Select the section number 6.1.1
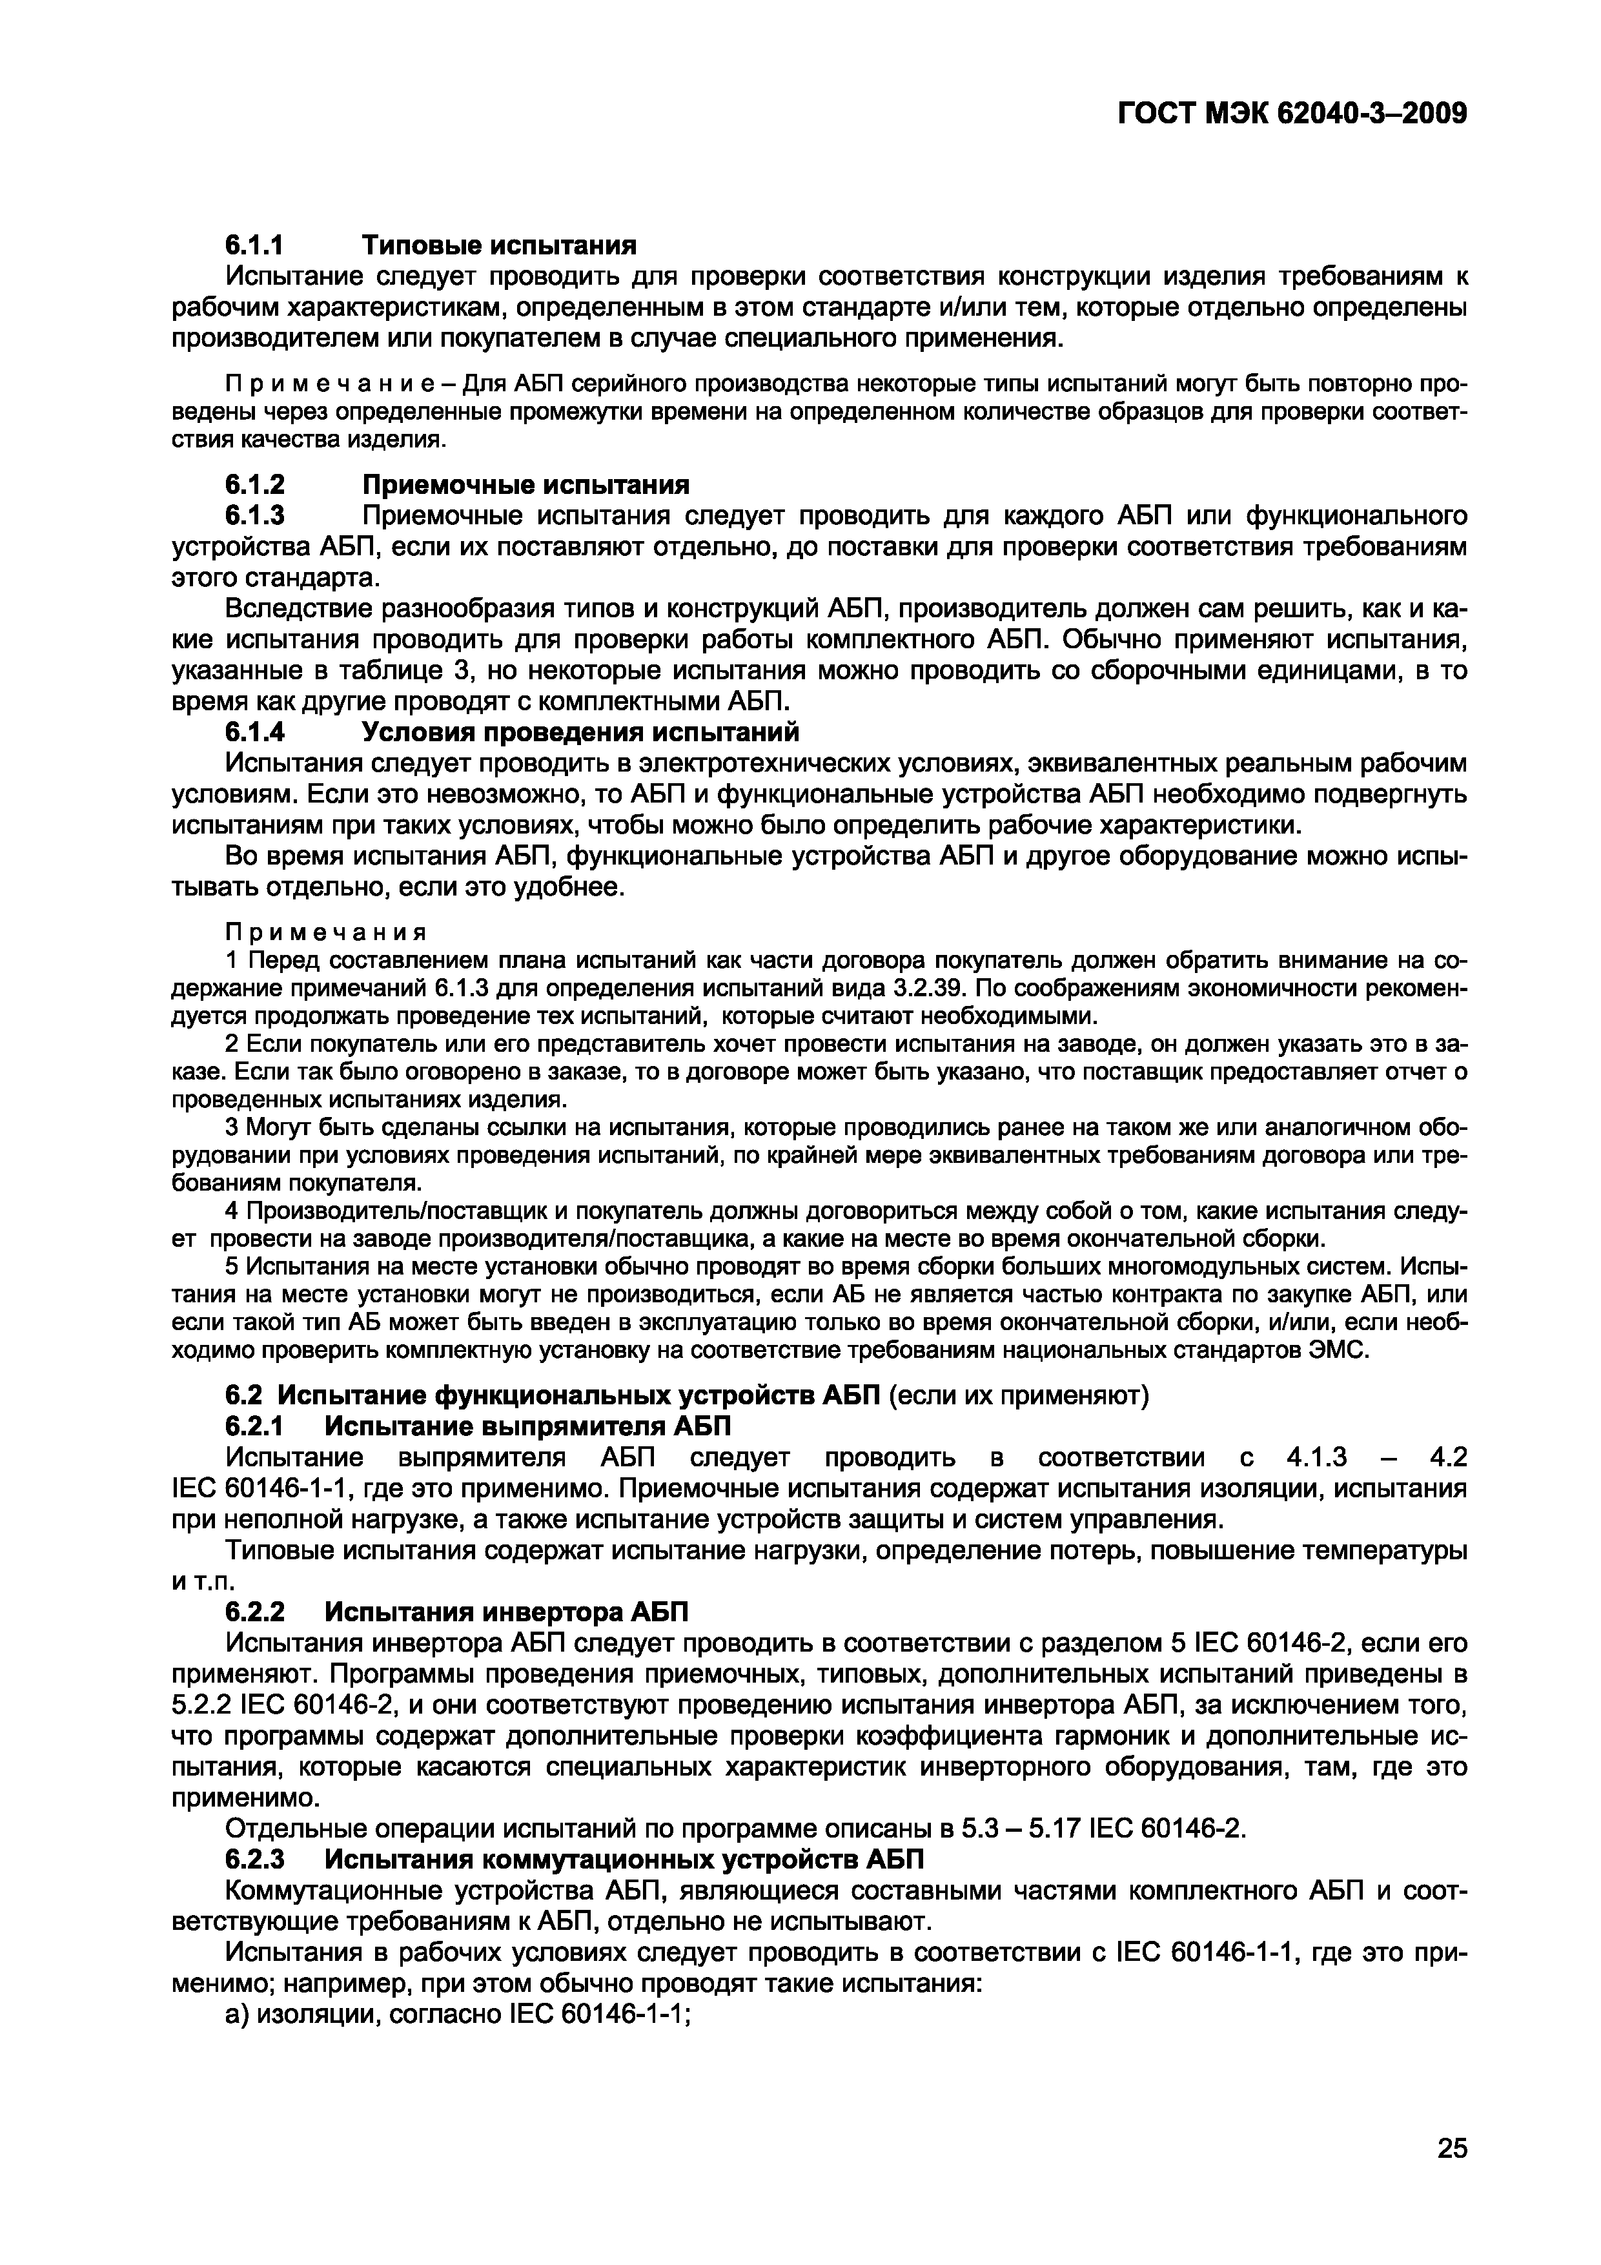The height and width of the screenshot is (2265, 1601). pos(254,243)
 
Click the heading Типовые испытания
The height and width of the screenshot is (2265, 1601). pos(499,243)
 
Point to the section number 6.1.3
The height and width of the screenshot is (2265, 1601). pos(254,515)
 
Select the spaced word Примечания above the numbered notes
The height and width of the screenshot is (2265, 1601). pos(325,933)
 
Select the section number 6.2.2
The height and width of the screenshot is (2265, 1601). pos(254,1612)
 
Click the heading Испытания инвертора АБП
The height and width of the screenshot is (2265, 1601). pos(506,1612)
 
